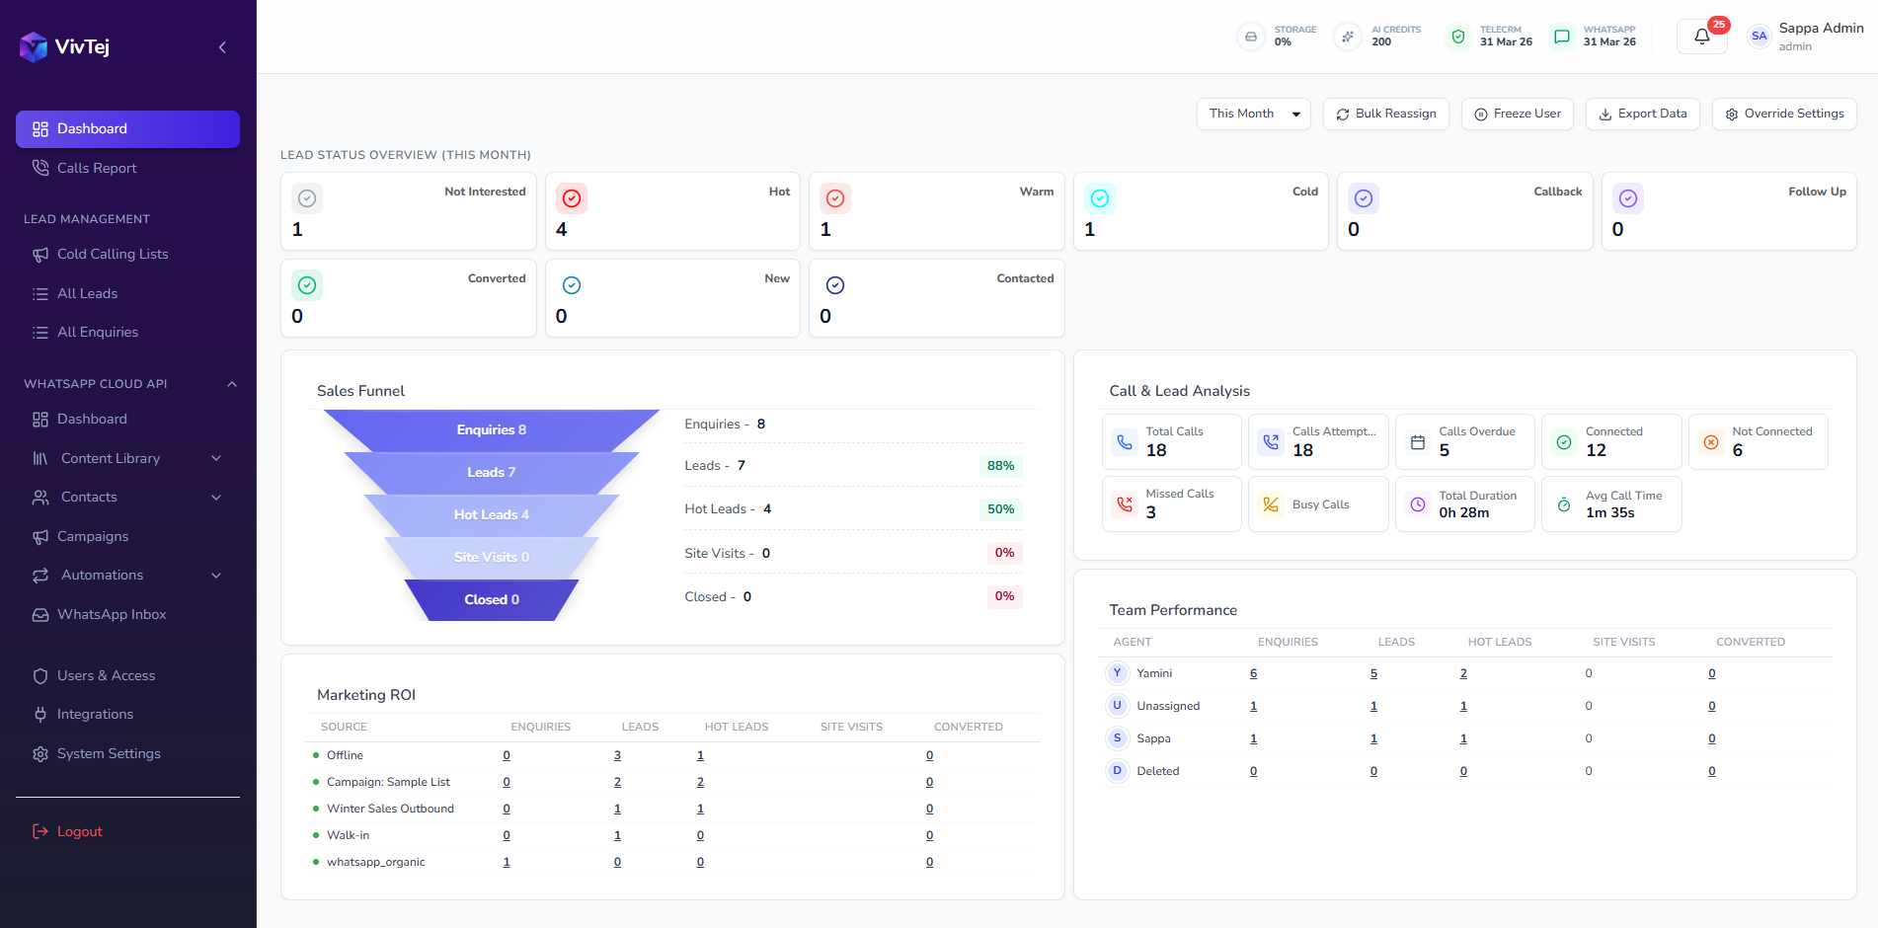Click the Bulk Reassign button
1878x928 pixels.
[1385, 114]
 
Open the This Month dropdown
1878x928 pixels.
[1253, 114]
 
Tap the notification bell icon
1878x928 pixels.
[1701, 37]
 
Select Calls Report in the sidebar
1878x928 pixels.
[97, 168]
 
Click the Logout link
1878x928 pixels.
[79, 831]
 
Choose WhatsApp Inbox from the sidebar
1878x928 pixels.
[112, 614]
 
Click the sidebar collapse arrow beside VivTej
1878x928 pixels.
[222, 47]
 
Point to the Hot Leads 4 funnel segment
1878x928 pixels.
[491, 514]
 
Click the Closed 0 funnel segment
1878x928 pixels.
[491, 599]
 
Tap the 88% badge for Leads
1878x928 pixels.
[1000, 466]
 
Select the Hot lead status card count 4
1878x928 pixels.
[562, 229]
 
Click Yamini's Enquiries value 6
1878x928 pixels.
[1253, 673]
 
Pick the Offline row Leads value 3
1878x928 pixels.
[617, 755]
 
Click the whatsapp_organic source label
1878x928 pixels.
[376, 862]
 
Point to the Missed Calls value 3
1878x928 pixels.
[1150, 512]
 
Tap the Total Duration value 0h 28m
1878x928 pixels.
[1463, 512]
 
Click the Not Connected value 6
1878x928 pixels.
[1737, 450]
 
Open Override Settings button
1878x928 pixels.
[1784, 114]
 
